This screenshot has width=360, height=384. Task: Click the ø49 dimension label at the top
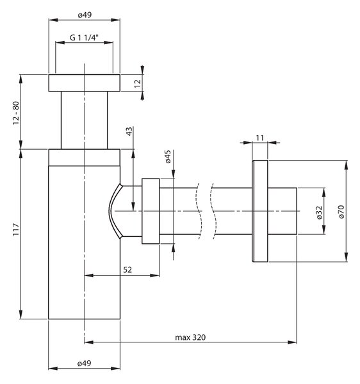85,15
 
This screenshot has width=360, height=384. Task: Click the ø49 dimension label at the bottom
85,364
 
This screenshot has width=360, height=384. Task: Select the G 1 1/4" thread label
84,38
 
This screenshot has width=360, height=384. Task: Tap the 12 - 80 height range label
16,113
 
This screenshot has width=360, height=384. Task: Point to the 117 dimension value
16,230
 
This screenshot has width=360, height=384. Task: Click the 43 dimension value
129,131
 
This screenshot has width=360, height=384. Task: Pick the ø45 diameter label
168,157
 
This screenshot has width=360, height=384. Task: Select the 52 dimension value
127,269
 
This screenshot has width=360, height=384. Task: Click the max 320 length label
190,337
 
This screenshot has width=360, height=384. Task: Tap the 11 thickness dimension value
260,138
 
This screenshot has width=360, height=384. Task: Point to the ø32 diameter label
319,212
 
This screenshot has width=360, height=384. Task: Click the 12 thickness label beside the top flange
138,83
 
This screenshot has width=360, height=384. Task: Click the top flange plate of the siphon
85,83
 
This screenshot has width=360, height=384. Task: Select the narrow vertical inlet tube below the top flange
85,120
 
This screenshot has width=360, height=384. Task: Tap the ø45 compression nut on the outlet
151,211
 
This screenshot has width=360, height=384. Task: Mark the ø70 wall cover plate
260,211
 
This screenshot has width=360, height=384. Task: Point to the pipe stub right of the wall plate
282,211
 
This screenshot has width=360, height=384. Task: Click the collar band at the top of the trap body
85,157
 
